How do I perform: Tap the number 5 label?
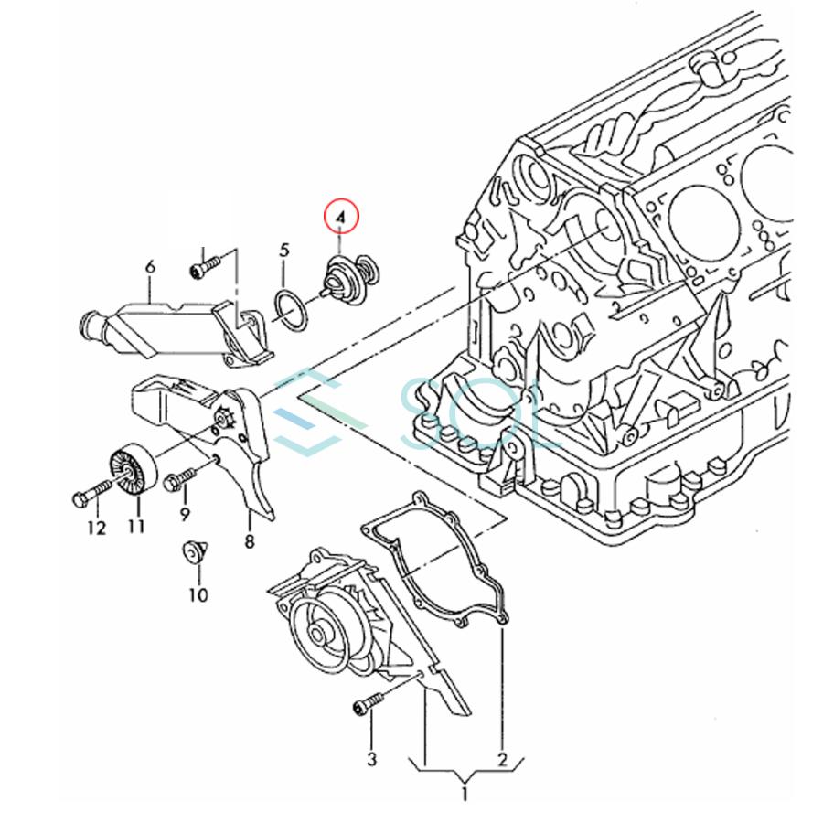pos(284,250)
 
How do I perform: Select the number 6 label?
pos(150,267)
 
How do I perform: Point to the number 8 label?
pos(249,540)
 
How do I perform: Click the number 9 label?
pos(185,515)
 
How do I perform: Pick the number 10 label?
pos(198,595)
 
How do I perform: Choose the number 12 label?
pos(97,528)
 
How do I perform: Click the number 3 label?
pos(371,758)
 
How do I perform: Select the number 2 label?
pos(502,758)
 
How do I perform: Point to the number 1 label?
pos(464,795)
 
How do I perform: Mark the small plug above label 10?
pos(192,553)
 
